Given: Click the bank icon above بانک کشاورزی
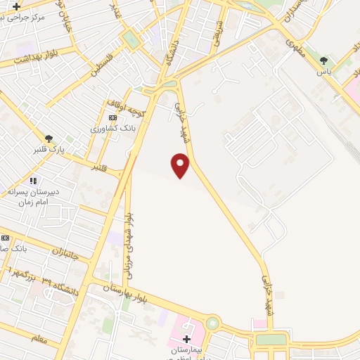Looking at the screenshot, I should point(112,117).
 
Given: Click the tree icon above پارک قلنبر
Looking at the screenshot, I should point(49,139).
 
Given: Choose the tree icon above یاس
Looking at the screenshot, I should point(323,60).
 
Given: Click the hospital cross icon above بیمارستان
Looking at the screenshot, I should point(186,339).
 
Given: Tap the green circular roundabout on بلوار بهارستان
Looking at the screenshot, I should point(212,324).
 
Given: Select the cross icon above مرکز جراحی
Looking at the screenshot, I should point(16,6).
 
